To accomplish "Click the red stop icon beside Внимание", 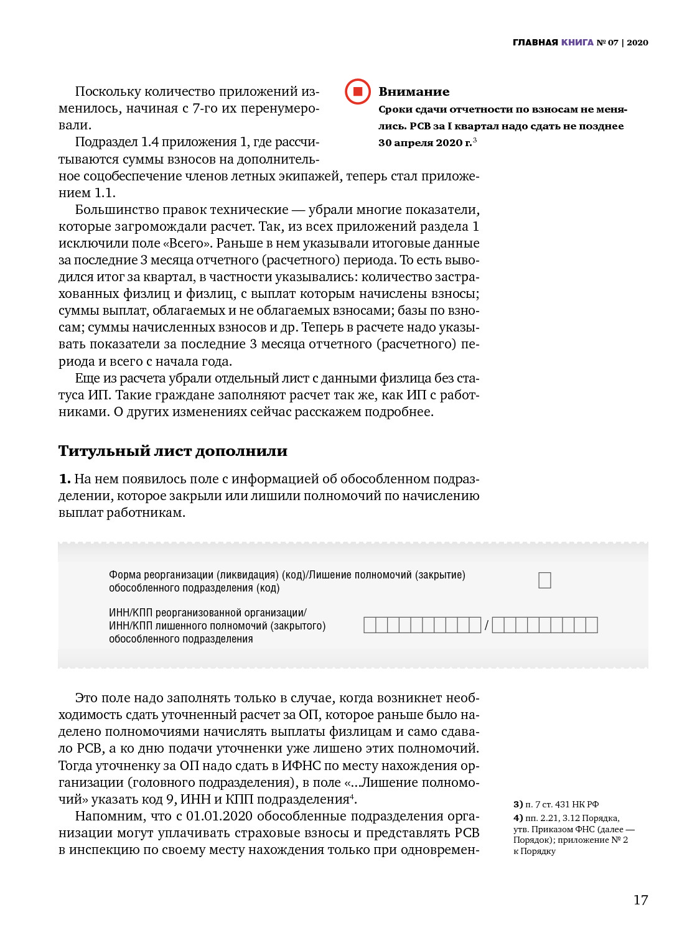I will tap(358, 91).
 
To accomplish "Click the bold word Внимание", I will tap(414, 91).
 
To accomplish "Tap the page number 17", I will tap(640, 899).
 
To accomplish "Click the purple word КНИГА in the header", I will tap(577, 42).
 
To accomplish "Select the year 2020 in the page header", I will tap(637, 42).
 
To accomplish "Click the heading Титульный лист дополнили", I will tap(172, 451).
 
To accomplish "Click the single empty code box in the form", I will tap(544, 580).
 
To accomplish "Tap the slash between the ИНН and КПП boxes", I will tap(487, 625).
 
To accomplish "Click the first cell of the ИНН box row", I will tap(370, 625).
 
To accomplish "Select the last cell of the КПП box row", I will tap(591, 625).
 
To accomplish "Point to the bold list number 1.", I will tap(64, 479).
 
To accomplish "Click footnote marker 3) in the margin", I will tap(518, 804).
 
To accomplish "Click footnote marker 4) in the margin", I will tap(518, 818).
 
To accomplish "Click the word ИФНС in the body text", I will tap(302, 766).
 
